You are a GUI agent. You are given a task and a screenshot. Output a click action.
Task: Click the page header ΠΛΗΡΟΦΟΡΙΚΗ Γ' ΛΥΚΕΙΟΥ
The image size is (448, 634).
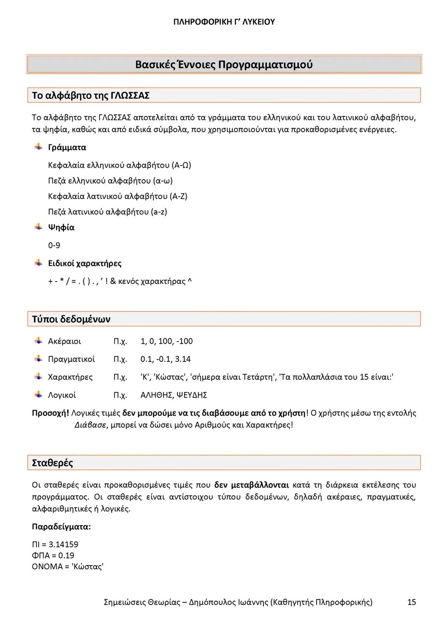coord(224,22)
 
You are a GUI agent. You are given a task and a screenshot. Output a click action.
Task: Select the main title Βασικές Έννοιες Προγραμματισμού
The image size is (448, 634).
coord(224,65)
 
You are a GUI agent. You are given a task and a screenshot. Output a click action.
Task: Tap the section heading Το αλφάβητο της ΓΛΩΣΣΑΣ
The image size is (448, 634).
coord(90,95)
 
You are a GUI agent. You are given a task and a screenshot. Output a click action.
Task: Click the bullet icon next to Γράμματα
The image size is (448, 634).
coord(38,147)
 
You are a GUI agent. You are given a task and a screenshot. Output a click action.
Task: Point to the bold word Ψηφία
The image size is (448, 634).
coord(61,227)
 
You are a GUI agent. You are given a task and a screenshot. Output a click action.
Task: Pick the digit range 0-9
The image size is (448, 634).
coord(54,245)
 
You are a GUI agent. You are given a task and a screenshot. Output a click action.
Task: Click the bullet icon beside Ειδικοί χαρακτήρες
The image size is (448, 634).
coord(38,263)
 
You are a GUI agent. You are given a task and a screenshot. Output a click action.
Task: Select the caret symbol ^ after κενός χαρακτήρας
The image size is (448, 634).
coord(190,282)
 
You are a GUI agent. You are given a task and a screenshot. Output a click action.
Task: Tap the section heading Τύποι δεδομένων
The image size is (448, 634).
coord(71,319)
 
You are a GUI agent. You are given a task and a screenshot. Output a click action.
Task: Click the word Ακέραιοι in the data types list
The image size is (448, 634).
coord(64,341)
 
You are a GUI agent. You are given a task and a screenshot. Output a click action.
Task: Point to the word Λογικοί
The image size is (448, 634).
coord(62,395)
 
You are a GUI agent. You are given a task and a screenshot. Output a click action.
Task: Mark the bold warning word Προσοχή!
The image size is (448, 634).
coord(50,413)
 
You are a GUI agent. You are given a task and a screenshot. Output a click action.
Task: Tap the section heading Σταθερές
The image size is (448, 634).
coord(52,463)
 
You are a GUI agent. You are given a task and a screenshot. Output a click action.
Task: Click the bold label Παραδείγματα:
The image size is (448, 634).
coord(61,527)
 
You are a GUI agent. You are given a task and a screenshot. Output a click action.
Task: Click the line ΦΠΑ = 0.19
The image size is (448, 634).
coord(53,556)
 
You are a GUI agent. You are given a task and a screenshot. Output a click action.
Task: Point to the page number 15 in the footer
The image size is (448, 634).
coord(411,602)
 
